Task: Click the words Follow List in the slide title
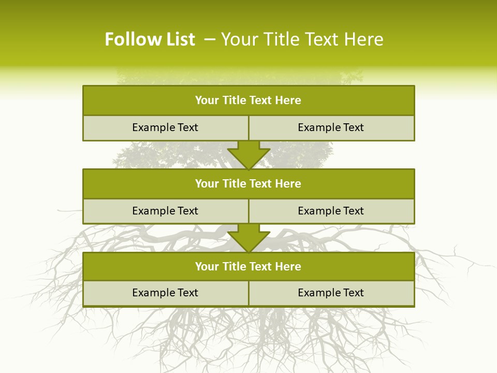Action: pos(150,39)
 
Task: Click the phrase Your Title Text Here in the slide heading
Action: pos(302,39)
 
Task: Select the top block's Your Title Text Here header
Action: pos(248,101)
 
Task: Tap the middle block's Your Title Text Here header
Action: pos(248,184)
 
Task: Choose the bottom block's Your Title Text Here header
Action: pos(248,267)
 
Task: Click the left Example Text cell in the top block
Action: pos(165,127)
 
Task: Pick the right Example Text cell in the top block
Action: pos(331,127)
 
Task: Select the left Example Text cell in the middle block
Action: pos(165,211)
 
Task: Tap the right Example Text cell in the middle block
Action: pos(331,211)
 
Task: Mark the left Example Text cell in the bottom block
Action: pos(165,293)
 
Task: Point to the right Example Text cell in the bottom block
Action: pos(331,293)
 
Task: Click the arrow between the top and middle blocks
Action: pos(248,154)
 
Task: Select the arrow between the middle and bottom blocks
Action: pos(248,238)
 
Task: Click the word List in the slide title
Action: pos(178,39)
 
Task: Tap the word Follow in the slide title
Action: pos(131,39)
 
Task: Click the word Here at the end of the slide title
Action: pos(365,39)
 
